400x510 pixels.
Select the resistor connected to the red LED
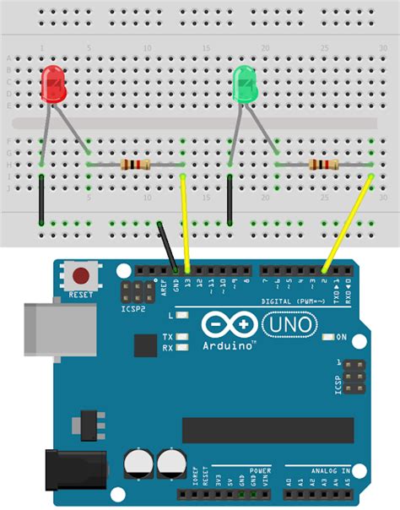(135, 164)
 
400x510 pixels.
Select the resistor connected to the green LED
(324, 164)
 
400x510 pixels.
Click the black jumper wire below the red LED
(41, 199)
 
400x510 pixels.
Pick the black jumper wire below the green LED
(230, 201)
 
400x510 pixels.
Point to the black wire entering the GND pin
(168, 246)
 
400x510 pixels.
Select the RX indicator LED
(181, 347)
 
